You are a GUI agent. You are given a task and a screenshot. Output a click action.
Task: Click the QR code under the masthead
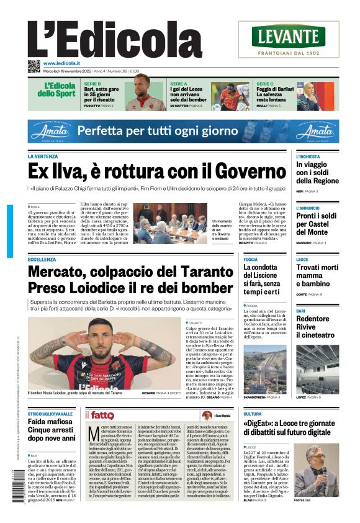point(34,66)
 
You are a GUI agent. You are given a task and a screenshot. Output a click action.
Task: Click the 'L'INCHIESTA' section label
point(308,157)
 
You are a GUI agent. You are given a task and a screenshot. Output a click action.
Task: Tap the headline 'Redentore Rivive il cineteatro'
point(313,327)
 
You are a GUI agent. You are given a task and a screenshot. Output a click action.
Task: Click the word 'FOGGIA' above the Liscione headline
point(251,259)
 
